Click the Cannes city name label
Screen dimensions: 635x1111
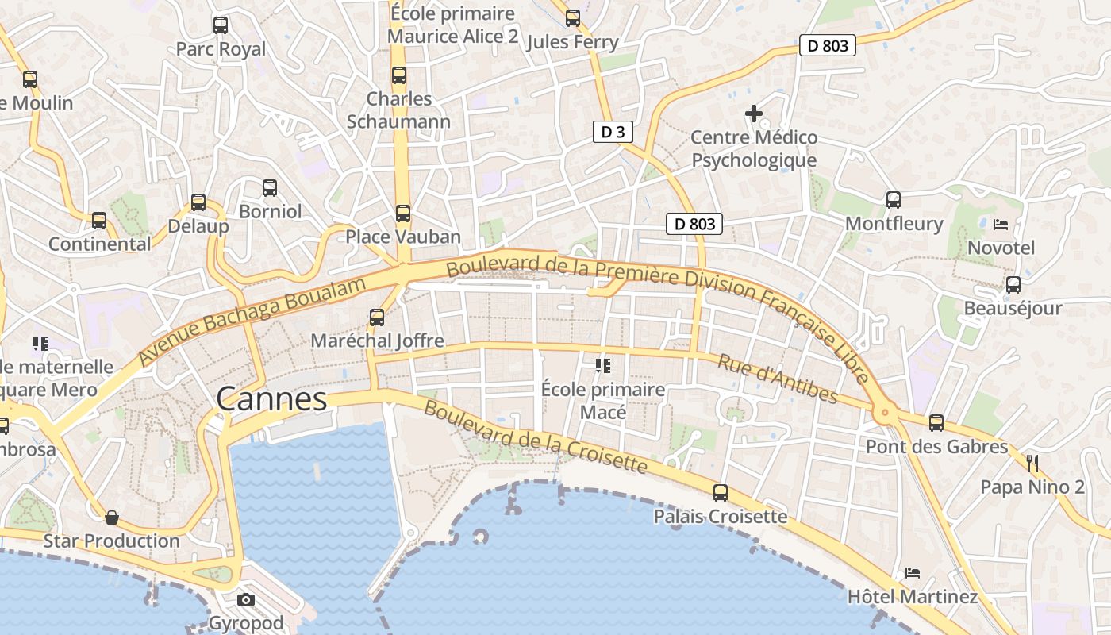[271, 398]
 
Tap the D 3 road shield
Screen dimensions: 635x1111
[613, 132]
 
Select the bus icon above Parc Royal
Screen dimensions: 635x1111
[221, 25]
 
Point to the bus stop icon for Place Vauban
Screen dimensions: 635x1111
[403, 214]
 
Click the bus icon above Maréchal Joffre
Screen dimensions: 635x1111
[377, 317]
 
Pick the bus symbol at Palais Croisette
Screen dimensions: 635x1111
[721, 493]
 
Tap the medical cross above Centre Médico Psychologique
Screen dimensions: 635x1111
[754, 114]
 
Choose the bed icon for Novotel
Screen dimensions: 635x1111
[1001, 225]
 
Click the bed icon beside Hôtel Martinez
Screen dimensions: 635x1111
[913, 573]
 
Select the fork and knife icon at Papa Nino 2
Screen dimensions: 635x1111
[1032, 463]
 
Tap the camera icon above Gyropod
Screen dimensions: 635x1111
[246, 599]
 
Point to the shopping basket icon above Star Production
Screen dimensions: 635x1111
[112, 518]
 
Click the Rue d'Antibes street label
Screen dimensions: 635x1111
[778, 379]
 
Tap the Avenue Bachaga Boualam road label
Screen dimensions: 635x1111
[252, 321]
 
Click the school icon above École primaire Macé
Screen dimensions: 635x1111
[602, 366]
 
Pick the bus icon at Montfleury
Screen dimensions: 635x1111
[894, 200]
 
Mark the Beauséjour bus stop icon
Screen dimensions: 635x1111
[1013, 285]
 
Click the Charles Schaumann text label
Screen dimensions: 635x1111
[398, 110]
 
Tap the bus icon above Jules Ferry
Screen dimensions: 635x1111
[572, 18]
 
